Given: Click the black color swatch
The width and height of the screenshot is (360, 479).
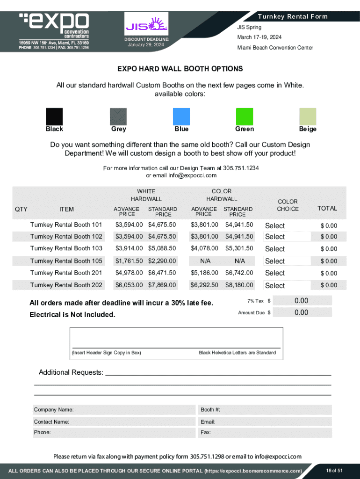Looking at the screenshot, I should coord(54,116).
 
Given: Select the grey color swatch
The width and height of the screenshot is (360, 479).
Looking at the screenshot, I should coord(118,116).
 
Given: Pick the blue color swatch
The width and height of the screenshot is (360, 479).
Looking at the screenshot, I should coord(181,116).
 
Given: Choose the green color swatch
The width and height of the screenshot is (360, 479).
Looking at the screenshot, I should coord(245,116).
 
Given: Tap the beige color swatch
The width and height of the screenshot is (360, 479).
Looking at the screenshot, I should coord(308,116).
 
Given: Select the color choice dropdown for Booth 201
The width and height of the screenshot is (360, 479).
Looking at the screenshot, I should coord(287,273).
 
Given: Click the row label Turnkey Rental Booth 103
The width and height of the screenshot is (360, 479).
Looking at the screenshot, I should coord(66,248).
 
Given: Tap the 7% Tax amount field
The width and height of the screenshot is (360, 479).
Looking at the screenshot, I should coord(302,301).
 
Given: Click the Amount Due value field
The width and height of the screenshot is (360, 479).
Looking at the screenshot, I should coord(302,312).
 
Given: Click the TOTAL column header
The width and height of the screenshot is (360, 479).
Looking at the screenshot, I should coord(327,209).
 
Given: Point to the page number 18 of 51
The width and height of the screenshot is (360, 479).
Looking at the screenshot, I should coord(334,470).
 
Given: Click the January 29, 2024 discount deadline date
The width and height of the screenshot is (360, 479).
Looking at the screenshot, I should coord(146,45).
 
